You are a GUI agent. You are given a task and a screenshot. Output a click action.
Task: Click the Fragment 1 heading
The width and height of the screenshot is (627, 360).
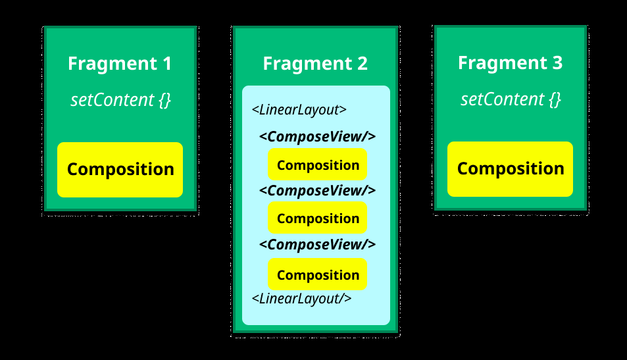click(x=120, y=64)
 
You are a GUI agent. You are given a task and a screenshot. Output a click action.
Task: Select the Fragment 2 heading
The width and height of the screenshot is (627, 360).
click(x=315, y=64)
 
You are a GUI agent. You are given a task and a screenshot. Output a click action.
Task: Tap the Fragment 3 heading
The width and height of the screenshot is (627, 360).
click(x=510, y=63)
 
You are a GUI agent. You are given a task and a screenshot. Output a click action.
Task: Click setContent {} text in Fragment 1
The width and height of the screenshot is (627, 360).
click(x=120, y=101)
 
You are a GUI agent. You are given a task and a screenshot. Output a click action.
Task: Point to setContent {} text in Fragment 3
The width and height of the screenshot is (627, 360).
click(x=510, y=99)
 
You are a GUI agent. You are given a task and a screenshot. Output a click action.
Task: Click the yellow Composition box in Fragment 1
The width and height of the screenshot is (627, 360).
click(x=120, y=169)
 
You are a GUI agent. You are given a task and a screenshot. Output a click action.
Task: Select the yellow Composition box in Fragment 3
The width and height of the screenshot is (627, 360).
click(x=510, y=168)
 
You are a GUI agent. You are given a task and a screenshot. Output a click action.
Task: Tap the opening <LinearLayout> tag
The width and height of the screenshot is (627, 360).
click(x=299, y=109)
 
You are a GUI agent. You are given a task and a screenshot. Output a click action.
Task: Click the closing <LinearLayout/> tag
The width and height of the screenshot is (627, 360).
click(x=301, y=298)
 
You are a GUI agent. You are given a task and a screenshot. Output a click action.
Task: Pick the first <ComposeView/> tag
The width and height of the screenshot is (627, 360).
click(x=317, y=137)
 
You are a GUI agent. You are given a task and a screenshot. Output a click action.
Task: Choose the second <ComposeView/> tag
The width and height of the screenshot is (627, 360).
click(x=317, y=190)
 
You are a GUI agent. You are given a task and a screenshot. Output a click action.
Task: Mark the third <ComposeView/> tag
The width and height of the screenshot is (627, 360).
click(x=317, y=244)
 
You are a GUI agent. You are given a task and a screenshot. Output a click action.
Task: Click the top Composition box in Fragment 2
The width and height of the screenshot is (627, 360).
click(x=317, y=165)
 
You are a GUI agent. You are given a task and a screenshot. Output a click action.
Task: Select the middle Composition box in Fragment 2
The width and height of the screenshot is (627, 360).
click(x=317, y=218)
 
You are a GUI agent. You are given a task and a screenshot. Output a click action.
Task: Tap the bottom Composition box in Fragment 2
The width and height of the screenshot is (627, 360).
click(x=317, y=274)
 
